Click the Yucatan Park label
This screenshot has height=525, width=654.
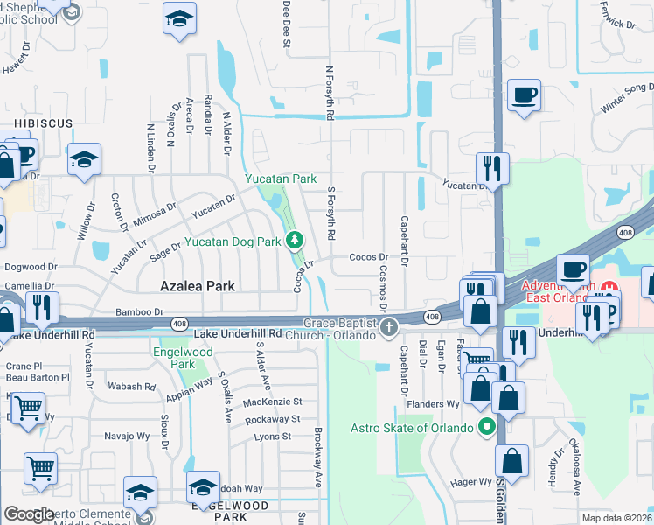tap(280, 178)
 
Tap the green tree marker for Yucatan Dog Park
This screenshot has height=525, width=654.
tap(296, 239)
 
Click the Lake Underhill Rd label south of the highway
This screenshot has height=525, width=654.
tap(238, 333)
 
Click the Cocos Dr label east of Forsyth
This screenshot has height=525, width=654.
tap(368, 257)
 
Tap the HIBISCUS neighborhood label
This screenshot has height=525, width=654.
tap(43, 124)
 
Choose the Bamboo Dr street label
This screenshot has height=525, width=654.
tap(140, 311)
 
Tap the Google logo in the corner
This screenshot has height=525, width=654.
tap(29, 514)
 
